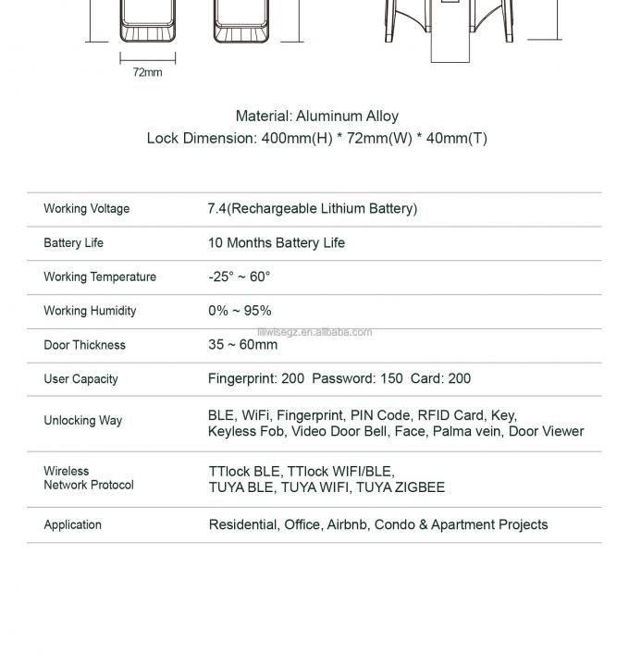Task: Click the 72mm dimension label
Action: (147, 72)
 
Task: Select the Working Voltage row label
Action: (86, 209)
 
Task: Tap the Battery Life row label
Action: (73, 243)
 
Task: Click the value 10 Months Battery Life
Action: (276, 243)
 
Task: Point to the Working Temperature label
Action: (99, 277)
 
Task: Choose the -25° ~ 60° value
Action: (239, 277)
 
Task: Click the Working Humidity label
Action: (90, 311)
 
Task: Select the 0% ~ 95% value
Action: (240, 311)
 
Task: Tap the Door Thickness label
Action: (84, 345)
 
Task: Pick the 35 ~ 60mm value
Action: (242, 345)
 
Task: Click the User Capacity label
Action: (80, 379)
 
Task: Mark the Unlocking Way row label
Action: (82, 421)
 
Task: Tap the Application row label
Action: (72, 525)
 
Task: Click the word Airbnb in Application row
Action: (347, 524)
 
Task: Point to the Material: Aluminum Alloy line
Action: (316, 117)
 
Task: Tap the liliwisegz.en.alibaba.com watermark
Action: (314, 332)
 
